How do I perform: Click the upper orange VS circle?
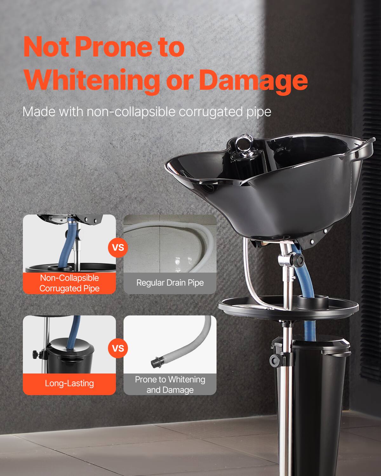click(x=118, y=247)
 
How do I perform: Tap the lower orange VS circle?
click(x=118, y=348)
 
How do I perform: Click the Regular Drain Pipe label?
click(x=170, y=283)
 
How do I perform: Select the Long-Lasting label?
click(x=69, y=383)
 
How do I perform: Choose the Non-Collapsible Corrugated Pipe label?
click(x=69, y=283)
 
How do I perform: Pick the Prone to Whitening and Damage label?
click(x=170, y=384)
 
